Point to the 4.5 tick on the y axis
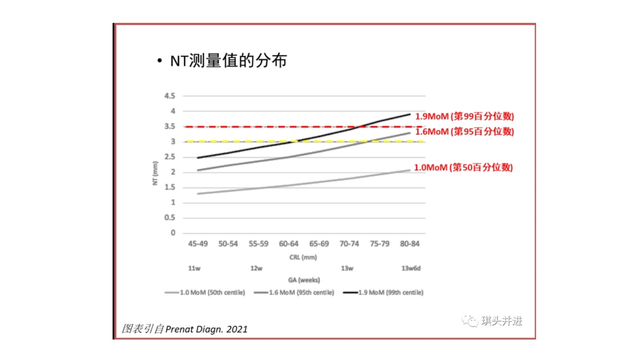[x=170, y=96]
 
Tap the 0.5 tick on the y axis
[x=170, y=217]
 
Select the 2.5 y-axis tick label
[x=170, y=157]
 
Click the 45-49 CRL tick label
[x=197, y=244]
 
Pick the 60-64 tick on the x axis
[x=288, y=244]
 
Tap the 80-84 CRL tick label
[x=409, y=244]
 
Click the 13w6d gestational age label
[x=411, y=268]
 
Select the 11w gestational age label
[x=194, y=268]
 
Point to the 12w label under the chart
[x=256, y=268]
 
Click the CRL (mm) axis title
[x=303, y=257]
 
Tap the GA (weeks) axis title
[x=303, y=280]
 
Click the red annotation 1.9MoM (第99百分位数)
[x=464, y=116]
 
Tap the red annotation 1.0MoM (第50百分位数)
[x=463, y=167]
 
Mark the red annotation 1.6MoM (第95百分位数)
[x=464, y=132]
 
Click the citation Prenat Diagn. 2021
[x=206, y=329]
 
